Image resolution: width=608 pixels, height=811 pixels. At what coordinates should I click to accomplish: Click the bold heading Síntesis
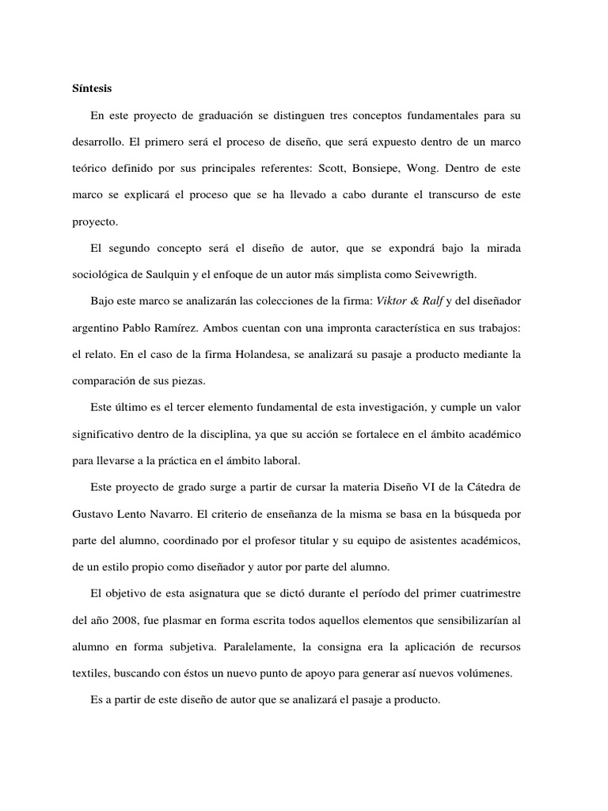pyautogui.click(x=93, y=87)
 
